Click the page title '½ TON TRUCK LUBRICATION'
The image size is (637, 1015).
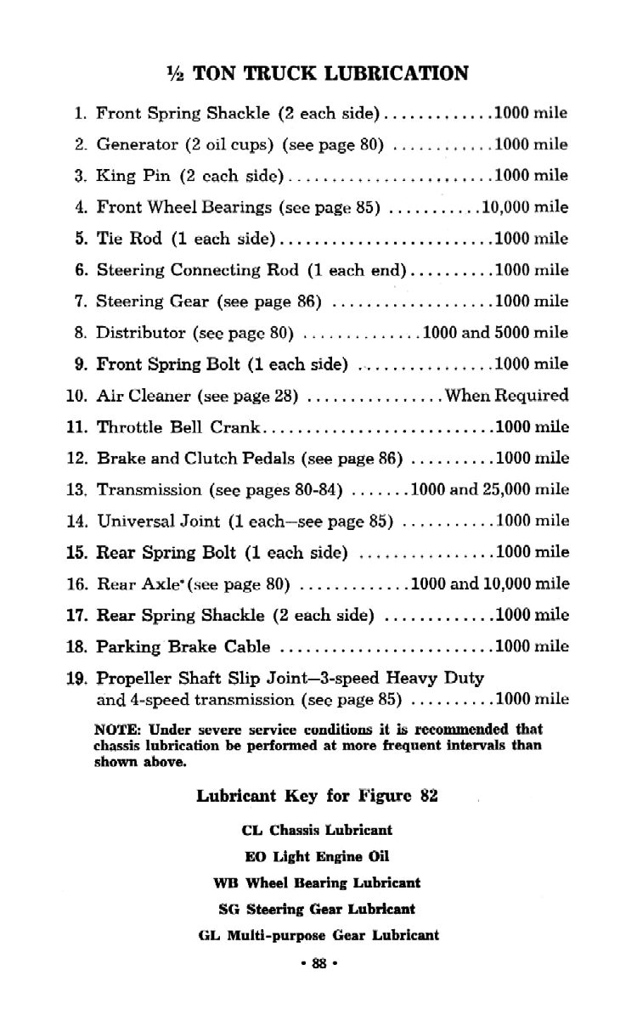coord(318,73)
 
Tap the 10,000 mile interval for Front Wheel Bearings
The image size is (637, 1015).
coord(525,207)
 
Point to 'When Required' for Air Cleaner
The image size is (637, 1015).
coord(506,396)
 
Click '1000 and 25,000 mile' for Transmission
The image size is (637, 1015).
coord(489,490)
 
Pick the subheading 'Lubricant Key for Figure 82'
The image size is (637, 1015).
coord(317,797)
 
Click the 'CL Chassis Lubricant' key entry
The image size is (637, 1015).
coord(317,830)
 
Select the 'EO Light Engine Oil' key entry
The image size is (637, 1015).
coord(317,857)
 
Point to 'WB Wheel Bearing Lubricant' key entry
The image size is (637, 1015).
coord(317,883)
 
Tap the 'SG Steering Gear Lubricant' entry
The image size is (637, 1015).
coord(317,910)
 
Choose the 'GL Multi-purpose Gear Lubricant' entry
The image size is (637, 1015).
coord(317,936)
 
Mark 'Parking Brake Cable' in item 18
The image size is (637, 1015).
coord(183,647)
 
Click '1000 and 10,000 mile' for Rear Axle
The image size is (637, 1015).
coord(489,584)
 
